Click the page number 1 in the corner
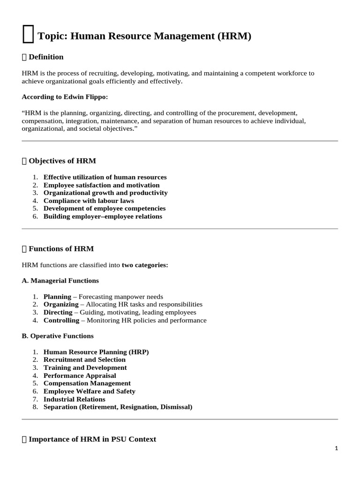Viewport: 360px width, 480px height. [x=336, y=448]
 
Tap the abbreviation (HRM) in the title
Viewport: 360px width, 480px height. [x=234, y=36]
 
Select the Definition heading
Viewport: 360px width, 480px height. [x=46, y=57]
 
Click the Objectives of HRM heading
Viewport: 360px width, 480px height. [x=62, y=161]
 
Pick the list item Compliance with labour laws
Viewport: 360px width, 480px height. [x=89, y=201]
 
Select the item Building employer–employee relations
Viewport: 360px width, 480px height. [x=103, y=216]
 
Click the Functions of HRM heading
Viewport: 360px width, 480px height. [x=61, y=248]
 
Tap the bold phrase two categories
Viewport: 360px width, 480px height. [x=144, y=265]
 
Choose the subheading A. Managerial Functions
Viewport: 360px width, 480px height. [x=60, y=280]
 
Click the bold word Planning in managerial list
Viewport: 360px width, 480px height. [x=57, y=297]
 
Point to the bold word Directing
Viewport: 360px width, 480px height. [x=58, y=312]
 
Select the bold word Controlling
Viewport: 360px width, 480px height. [x=61, y=320]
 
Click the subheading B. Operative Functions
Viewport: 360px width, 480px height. [x=58, y=336]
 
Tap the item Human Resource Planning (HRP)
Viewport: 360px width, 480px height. [x=96, y=352]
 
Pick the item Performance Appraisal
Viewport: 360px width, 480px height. [x=80, y=375]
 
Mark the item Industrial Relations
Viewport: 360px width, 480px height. [x=75, y=399]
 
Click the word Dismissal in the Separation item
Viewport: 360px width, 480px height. [x=176, y=407]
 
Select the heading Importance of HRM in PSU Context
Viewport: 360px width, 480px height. [x=92, y=439]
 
